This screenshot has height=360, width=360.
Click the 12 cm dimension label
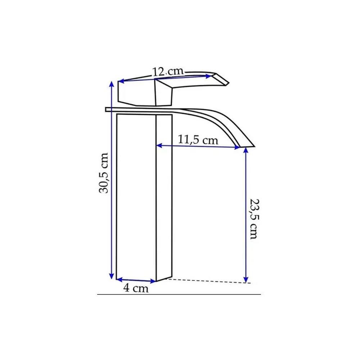tap(168, 72)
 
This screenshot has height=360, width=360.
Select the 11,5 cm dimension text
tap(198, 140)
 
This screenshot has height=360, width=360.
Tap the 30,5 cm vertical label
tap(103, 173)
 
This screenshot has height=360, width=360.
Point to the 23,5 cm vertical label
tap(255, 219)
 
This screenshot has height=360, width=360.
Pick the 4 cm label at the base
tap(136, 288)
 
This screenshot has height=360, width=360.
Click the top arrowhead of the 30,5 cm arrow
tap(112, 84)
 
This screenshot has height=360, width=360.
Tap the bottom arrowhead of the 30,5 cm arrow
tap(112, 276)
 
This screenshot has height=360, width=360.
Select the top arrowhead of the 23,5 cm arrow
tap(246, 150)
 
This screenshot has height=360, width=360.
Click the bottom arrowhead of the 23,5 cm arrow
tap(246, 279)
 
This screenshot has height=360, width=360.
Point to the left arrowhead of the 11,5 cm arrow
tap(159, 145)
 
